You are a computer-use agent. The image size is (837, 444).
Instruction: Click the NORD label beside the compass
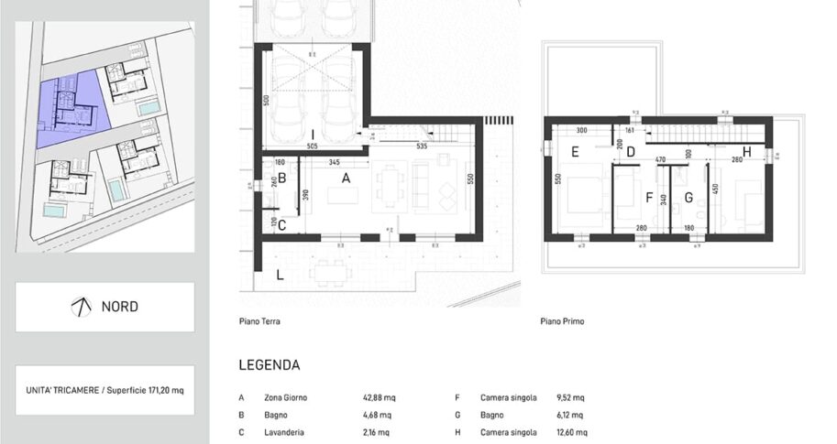pyautogui.click(x=119, y=307)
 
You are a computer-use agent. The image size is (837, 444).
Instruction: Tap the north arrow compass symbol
pyautogui.click(x=81, y=307)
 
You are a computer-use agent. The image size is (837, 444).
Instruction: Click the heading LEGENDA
pyautogui.click(x=269, y=364)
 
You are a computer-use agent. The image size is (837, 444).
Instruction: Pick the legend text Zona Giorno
pyautogui.click(x=285, y=398)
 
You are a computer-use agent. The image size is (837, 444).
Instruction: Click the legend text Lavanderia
pyautogui.click(x=282, y=431)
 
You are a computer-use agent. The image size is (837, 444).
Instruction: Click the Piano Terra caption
pyautogui.click(x=259, y=321)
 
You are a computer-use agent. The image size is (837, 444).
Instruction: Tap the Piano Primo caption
pyautogui.click(x=563, y=321)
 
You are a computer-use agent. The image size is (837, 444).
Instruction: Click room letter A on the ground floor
pyautogui.click(x=346, y=179)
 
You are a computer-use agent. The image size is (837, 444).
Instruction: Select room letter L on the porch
pyautogui.click(x=279, y=275)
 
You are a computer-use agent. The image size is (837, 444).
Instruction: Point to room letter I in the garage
pyautogui.click(x=313, y=135)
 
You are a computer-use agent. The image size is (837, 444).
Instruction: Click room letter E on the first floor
pyautogui.click(x=575, y=152)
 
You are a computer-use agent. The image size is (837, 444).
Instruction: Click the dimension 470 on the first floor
pyautogui.click(x=658, y=160)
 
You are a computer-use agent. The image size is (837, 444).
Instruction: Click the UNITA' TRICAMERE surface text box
pyautogui.click(x=105, y=390)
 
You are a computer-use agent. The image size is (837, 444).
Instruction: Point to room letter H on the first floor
pyautogui.click(x=747, y=151)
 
